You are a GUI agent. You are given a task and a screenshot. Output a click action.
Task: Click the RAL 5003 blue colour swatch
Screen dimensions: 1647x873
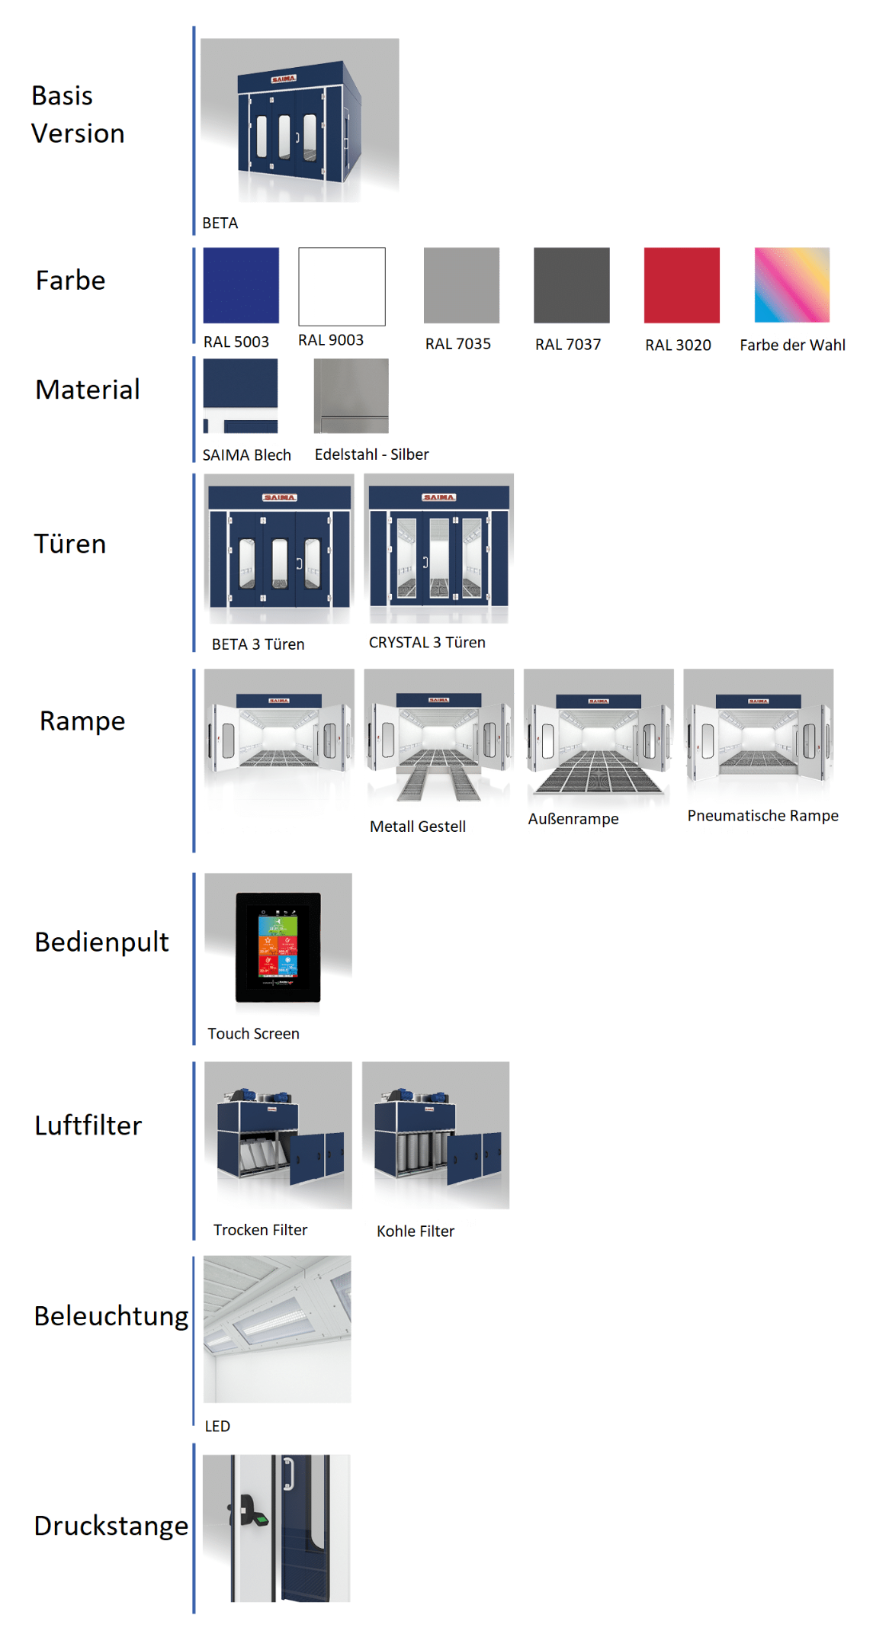pos(241,285)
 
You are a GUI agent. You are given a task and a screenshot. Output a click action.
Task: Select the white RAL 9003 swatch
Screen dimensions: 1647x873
pos(342,286)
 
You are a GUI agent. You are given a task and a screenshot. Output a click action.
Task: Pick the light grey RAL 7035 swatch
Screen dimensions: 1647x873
pos(461,285)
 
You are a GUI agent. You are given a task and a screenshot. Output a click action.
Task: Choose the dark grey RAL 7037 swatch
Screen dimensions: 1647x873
pos(571,285)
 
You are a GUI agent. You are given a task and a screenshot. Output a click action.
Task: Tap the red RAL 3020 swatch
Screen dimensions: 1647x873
pos(682,285)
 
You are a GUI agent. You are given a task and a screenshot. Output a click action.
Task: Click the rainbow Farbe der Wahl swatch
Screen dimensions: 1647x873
pos(791,284)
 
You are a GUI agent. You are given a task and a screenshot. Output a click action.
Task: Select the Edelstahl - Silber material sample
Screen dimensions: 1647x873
pos(351,396)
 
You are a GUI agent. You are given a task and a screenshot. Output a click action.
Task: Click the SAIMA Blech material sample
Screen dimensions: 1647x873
pos(240,396)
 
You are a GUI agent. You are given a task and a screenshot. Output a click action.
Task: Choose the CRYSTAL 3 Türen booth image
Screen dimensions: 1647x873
pos(438,549)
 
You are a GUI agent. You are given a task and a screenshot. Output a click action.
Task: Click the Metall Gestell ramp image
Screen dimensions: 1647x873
pos(438,736)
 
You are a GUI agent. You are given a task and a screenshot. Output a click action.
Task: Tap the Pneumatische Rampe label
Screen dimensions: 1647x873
pos(762,816)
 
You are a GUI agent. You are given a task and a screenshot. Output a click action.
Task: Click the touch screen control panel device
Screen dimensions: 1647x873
pos(278,946)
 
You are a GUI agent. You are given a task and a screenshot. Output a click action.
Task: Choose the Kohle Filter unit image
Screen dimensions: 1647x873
pos(435,1135)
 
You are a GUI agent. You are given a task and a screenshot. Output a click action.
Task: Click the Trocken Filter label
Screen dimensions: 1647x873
pos(260,1230)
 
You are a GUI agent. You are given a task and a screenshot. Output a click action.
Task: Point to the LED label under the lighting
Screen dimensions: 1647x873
pos(217,1426)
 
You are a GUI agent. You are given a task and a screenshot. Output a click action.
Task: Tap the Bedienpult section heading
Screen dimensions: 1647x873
pos(101,942)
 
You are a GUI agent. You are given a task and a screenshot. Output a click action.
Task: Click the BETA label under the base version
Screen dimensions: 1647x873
pos(220,223)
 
